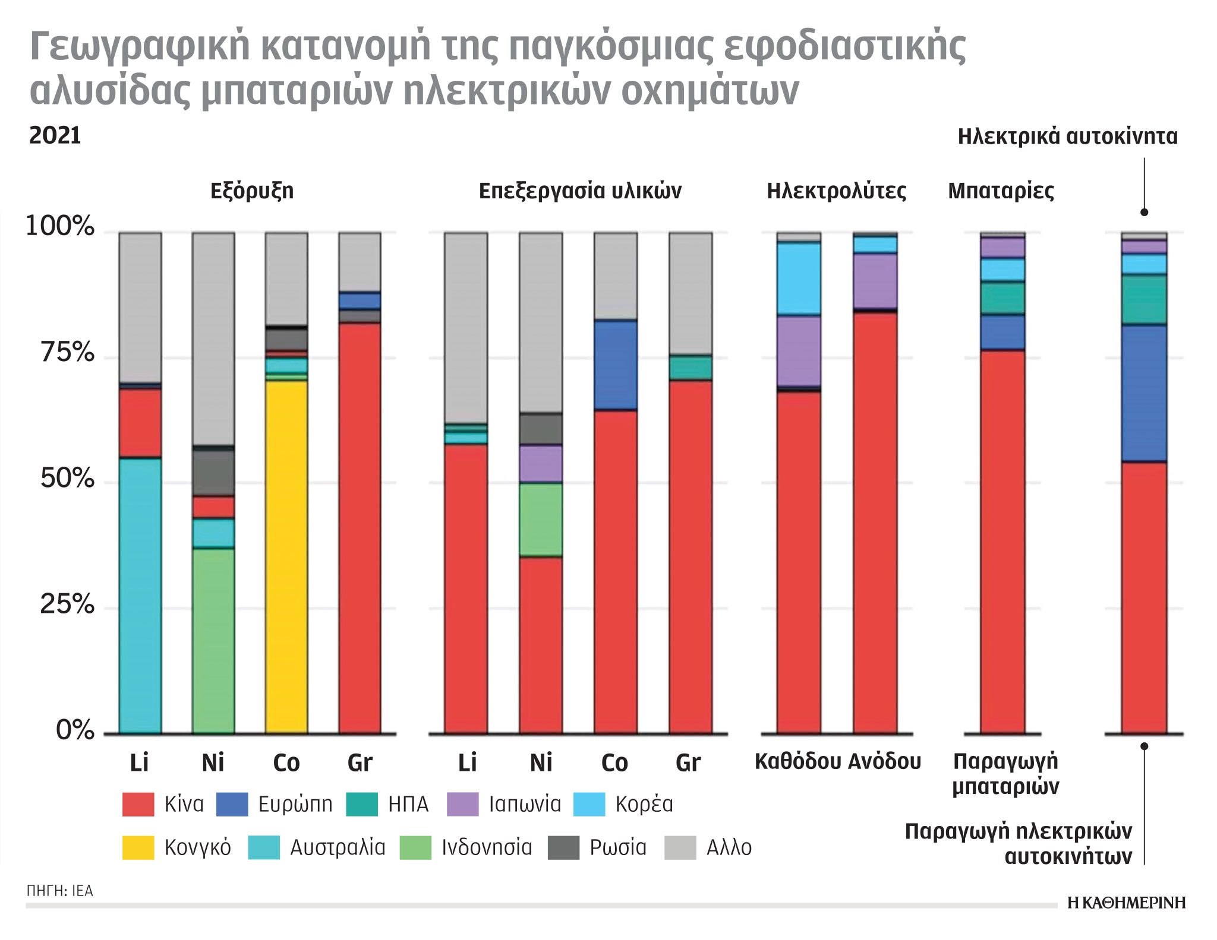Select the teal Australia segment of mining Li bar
coord(140,594)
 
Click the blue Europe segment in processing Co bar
coord(616,365)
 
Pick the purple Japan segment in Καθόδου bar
coord(799,350)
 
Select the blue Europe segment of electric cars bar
coord(1144,393)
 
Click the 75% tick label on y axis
coord(68,353)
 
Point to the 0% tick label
coord(75,730)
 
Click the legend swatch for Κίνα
coord(138,804)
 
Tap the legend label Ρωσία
coord(618,847)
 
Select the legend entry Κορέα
coord(644,804)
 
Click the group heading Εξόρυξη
coord(252,191)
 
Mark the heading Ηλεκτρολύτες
coord(836,191)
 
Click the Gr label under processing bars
coord(688,762)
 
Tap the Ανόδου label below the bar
coord(884,761)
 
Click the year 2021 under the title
coord(55,135)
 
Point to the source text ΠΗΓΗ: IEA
coord(59,891)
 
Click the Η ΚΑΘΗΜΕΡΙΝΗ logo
coord(1126,903)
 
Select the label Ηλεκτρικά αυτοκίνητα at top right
coord(1067,137)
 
